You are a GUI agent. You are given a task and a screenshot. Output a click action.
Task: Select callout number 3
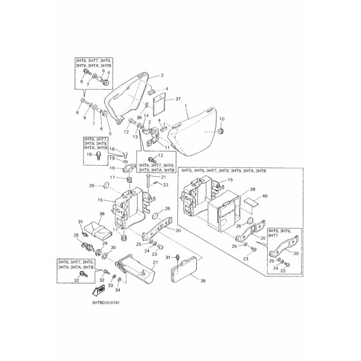pos(162,74)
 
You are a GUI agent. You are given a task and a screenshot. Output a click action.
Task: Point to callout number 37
pos(178,99)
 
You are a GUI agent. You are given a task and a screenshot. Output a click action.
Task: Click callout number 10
pos(222,119)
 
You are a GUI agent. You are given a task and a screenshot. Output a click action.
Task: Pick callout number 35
pos(203,280)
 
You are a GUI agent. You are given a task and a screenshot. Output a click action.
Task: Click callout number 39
pos(253,189)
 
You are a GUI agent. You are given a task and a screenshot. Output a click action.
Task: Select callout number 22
pos(166,185)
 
